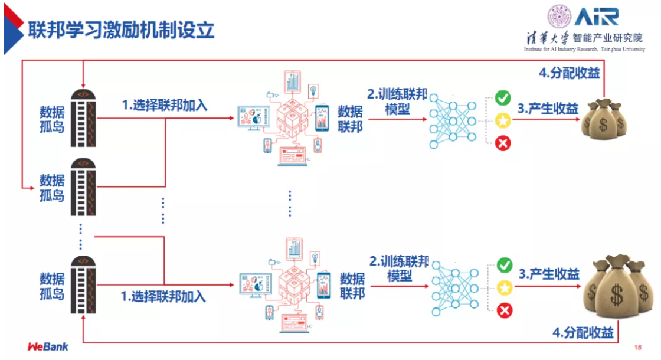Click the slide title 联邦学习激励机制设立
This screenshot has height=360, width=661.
coord(121,28)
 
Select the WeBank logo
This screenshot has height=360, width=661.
coord(48,346)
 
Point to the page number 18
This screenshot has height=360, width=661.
coord(638,347)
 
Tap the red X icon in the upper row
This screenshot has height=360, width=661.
coord(503,143)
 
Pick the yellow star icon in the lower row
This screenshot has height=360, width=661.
coord(504,288)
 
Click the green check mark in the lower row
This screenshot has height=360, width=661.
coord(504,265)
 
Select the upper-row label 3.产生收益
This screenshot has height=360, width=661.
coord(548,109)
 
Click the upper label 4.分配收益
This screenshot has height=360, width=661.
coord(569,73)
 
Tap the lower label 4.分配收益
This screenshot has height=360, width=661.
coord(583,332)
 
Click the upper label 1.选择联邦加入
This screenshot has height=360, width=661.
coord(164,105)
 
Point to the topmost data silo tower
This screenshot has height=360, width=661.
coord(83,118)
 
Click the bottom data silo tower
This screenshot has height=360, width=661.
coord(83,286)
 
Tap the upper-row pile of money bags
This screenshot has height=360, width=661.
coord(604,118)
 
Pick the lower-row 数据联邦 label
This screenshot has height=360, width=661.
coord(352,286)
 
